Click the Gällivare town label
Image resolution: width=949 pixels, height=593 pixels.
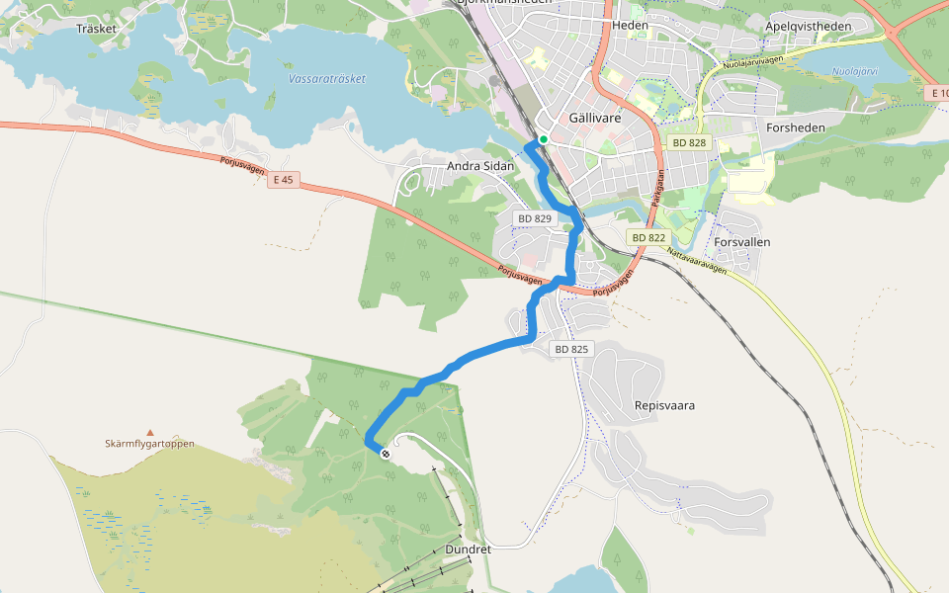(596, 117)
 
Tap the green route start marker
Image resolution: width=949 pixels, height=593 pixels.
(543, 139)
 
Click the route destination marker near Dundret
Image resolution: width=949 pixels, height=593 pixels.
(385, 453)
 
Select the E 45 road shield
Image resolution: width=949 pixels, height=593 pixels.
(283, 179)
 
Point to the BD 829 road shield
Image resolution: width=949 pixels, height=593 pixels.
(534, 218)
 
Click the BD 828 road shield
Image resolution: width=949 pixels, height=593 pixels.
(689, 143)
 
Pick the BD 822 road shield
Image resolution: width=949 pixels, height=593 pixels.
(647, 238)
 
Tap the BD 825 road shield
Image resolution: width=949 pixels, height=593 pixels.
(571, 349)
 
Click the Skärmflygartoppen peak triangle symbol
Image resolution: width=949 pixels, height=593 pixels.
(150, 432)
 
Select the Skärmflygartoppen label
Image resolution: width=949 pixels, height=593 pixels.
(150, 444)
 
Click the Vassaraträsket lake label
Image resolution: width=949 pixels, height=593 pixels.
(327, 78)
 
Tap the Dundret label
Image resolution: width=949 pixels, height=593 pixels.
(468, 550)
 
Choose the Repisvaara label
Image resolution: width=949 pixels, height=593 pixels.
(664, 405)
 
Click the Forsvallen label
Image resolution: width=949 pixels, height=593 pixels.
(741, 242)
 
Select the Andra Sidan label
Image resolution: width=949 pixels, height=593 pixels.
(480, 166)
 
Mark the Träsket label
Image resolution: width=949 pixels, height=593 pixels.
(96, 29)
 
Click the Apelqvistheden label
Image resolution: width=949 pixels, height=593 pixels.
(808, 26)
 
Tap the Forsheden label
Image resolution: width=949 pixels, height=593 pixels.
(795, 127)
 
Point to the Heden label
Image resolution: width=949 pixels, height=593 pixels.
(630, 25)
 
